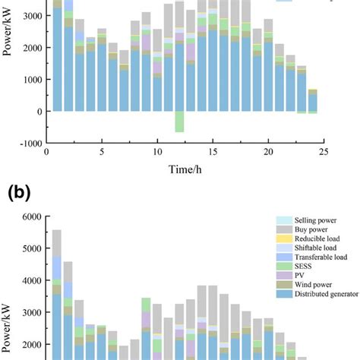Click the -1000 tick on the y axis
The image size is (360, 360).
click(x=27, y=143)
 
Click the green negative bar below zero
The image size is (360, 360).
click(x=179, y=122)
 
